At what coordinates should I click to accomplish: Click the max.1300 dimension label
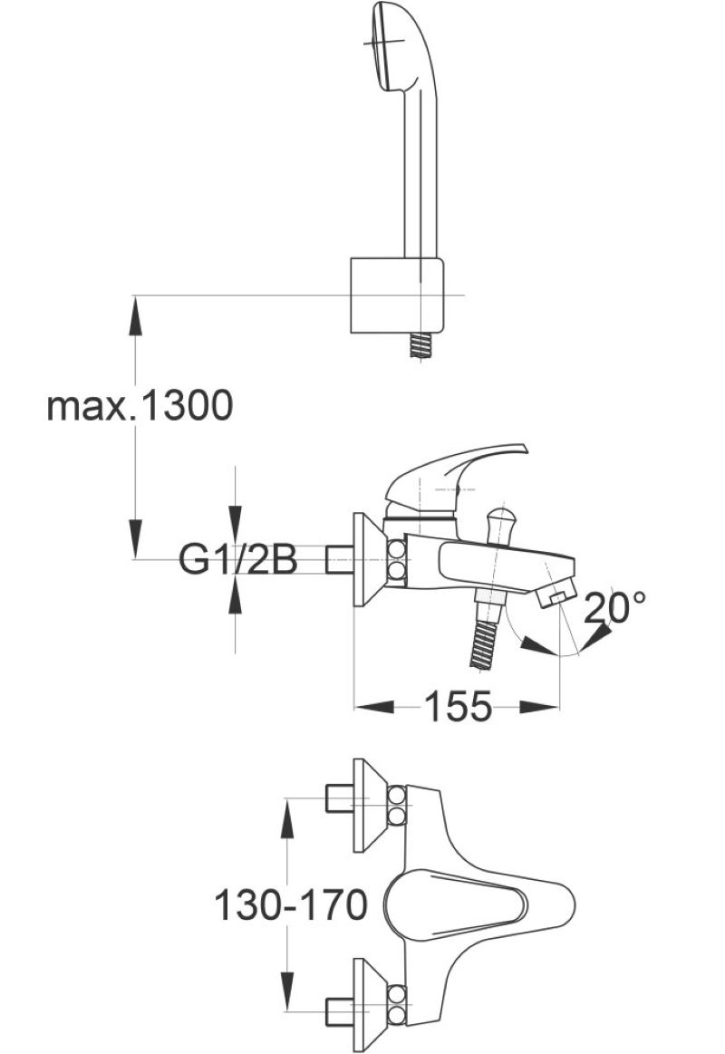pyautogui.click(x=140, y=406)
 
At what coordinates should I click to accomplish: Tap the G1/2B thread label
pyautogui.click(x=237, y=559)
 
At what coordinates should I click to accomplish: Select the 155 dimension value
pyautogui.click(x=458, y=707)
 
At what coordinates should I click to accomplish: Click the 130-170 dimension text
pyautogui.click(x=291, y=904)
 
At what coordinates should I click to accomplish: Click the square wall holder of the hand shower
pyautogui.click(x=396, y=295)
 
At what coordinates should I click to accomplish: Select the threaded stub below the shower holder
pyautogui.click(x=420, y=347)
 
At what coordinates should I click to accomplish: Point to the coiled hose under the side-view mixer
pyautogui.click(x=487, y=643)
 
